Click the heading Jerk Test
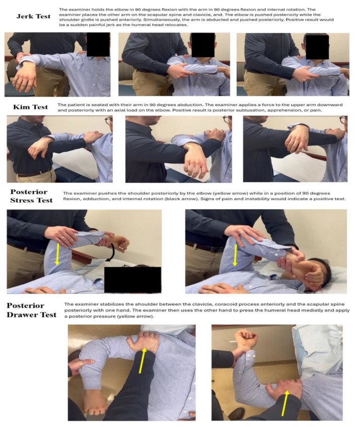pos(33,16)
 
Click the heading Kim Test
pos(31,107)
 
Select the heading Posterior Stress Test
pos(31,196)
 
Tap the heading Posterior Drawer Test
pos(31,310)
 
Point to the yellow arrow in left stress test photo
pos(57,254)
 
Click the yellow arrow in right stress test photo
pos(235,255)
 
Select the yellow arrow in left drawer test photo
pos(142,360)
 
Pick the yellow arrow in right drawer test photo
pos(285,403)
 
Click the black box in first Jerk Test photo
pos(98,44)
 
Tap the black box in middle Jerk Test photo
pos(203,45)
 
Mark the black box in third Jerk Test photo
pos(317,47)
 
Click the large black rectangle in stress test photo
pos(133,280)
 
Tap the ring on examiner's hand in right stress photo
pos(242,232)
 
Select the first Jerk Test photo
pos(57,64)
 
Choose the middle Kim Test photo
pos(179,149)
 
